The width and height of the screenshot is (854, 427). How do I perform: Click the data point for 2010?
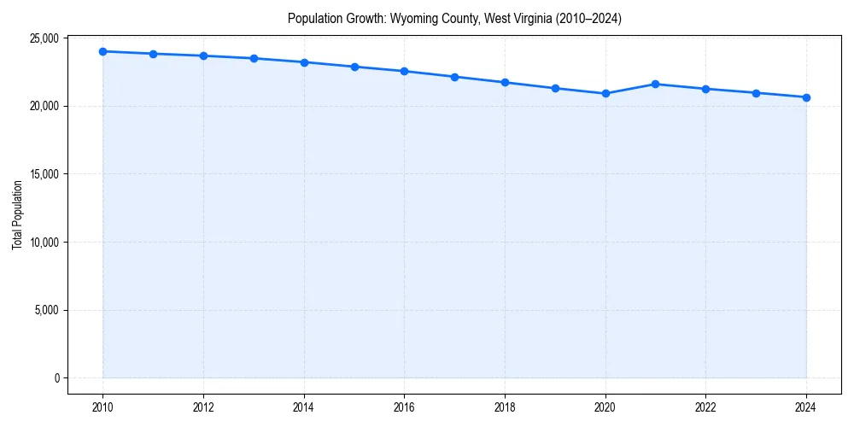[x=102, y=51]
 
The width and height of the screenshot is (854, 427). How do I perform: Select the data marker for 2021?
[x=655, y=84]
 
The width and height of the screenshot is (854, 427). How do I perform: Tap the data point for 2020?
[x=605, y=93]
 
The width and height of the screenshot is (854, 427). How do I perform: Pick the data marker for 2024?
[x=806, y=97]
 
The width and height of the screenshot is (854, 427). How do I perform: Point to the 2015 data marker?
[x=354, y=67]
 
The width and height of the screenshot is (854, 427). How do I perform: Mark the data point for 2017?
[x=454, y=77]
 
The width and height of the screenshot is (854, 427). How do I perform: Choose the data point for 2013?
[x=254, y=58]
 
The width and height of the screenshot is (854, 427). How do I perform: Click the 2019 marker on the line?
[x=555, y=88]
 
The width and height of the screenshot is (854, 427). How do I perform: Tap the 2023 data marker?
[x=756, y=93]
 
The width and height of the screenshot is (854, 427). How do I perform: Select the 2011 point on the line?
[x=153, y=54]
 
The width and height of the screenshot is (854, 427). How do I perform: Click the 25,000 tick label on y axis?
[x=44, y=38]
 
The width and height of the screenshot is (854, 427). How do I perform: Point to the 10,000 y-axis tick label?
[x=44, y=242]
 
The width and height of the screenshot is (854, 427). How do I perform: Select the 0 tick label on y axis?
[x=56, y=378]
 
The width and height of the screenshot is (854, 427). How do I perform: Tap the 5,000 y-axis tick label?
[x=46, y=310]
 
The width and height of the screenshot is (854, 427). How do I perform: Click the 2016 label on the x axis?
[x=404, y=407]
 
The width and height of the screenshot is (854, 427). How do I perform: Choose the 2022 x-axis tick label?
[x=705, y=407]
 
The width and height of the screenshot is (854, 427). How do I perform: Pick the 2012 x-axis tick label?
[x=203, y=407]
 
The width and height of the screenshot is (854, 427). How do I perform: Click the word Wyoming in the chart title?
[x=412, y=18]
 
